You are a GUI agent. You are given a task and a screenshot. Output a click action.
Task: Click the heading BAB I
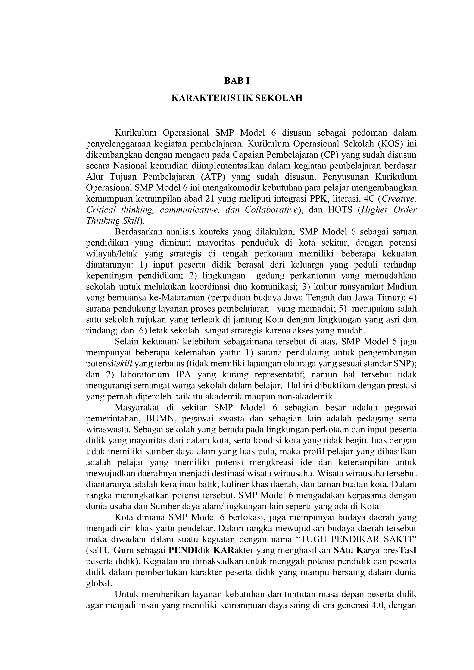pos(237,81)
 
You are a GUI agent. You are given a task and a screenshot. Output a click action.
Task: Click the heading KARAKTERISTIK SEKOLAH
pos(237,98)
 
